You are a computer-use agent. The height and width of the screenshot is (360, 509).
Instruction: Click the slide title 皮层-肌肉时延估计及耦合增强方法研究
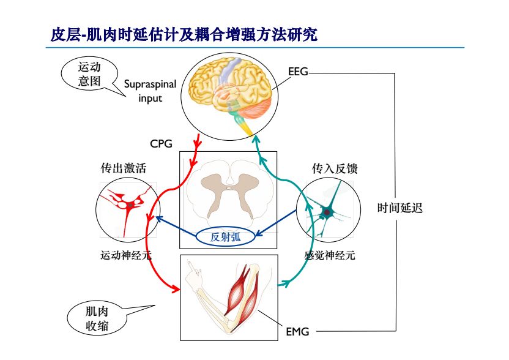(184, 34)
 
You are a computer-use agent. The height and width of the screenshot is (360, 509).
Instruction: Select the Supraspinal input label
(150, 91)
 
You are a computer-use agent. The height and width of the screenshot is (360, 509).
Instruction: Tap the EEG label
(298, 72)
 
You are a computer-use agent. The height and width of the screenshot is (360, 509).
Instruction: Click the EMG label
(297, 332)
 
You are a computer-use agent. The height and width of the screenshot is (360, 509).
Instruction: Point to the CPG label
(162, 144)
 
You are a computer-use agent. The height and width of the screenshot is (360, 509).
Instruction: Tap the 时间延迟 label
(399, 208)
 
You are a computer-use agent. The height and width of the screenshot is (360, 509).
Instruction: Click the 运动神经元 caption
(126, 255)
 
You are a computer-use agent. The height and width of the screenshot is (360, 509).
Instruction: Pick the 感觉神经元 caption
(329, 255)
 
